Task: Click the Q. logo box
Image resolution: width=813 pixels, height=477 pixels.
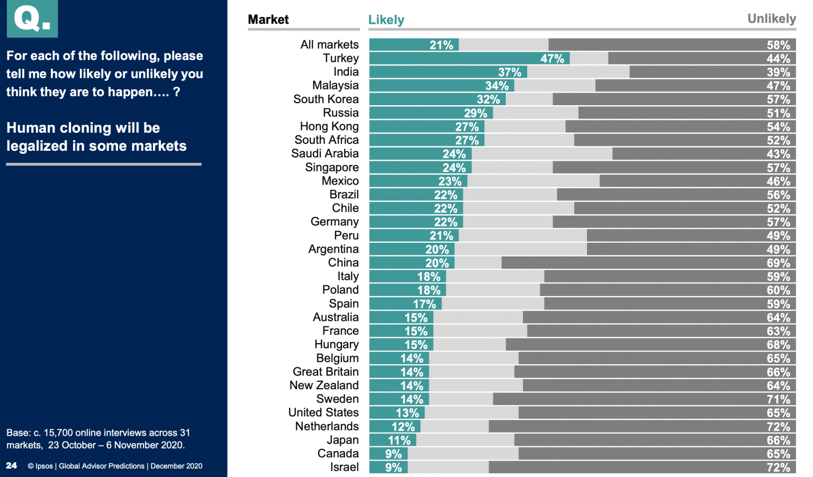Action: [x=32, y=19]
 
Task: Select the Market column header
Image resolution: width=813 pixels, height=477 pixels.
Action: [x=268, y=20]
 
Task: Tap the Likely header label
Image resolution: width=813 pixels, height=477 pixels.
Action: [x=386, y=20]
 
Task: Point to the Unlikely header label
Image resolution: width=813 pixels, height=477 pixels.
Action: [x=771, y=19]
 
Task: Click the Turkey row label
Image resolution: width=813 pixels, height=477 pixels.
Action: [x=341, y=58]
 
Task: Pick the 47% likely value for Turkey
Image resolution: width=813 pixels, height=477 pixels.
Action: [x=552, y=59]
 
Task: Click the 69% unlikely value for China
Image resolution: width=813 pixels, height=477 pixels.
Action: [x=778, y=263]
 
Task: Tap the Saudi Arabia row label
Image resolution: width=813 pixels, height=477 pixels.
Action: [x=325, y=153]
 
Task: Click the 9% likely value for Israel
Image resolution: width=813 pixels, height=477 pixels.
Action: [x=393, y=467]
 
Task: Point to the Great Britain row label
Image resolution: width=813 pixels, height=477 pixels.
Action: [x=326, y=372]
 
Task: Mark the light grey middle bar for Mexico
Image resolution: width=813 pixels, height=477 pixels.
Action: [x=533, y=181]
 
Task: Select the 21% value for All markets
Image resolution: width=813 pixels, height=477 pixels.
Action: [x=441, y=45]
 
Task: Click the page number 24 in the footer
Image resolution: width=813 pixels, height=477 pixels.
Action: [x=11, y=465]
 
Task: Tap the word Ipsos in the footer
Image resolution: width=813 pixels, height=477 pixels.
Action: [x=44, y=466]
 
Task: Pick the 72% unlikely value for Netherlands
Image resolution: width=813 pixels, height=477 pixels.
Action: [x=778, y=427]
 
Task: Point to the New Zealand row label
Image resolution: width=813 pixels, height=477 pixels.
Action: [x=324, y=386]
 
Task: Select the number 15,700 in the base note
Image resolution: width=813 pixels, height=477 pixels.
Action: [x=58, y=433]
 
